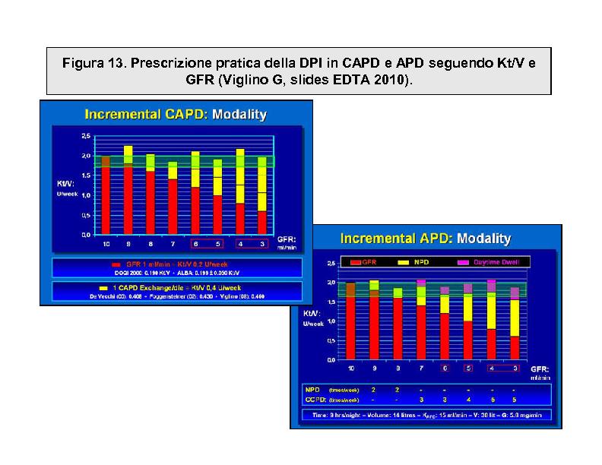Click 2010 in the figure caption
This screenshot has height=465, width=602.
coord(391,80)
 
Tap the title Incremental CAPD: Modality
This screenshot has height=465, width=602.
coord(176,115)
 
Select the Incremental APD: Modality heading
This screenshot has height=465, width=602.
coord(425,239)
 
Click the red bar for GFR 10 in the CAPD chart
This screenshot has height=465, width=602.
coord(106,201)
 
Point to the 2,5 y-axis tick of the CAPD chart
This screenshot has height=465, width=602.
coord(85,135)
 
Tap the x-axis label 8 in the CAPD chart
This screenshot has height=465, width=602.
coord(150,244)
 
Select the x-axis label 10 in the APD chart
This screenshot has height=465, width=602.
coord(351,369)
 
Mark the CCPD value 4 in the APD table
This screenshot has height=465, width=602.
coord(468,399)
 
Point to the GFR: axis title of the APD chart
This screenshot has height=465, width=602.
coord(540,369)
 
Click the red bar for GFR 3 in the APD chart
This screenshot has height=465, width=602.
coord(515,348)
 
